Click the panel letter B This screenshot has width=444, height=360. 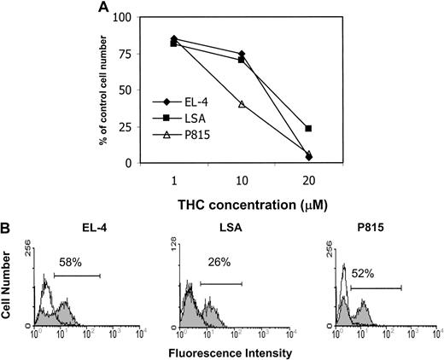click(x=8, y=229)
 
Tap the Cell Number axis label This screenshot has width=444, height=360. click(x=8, y=290)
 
